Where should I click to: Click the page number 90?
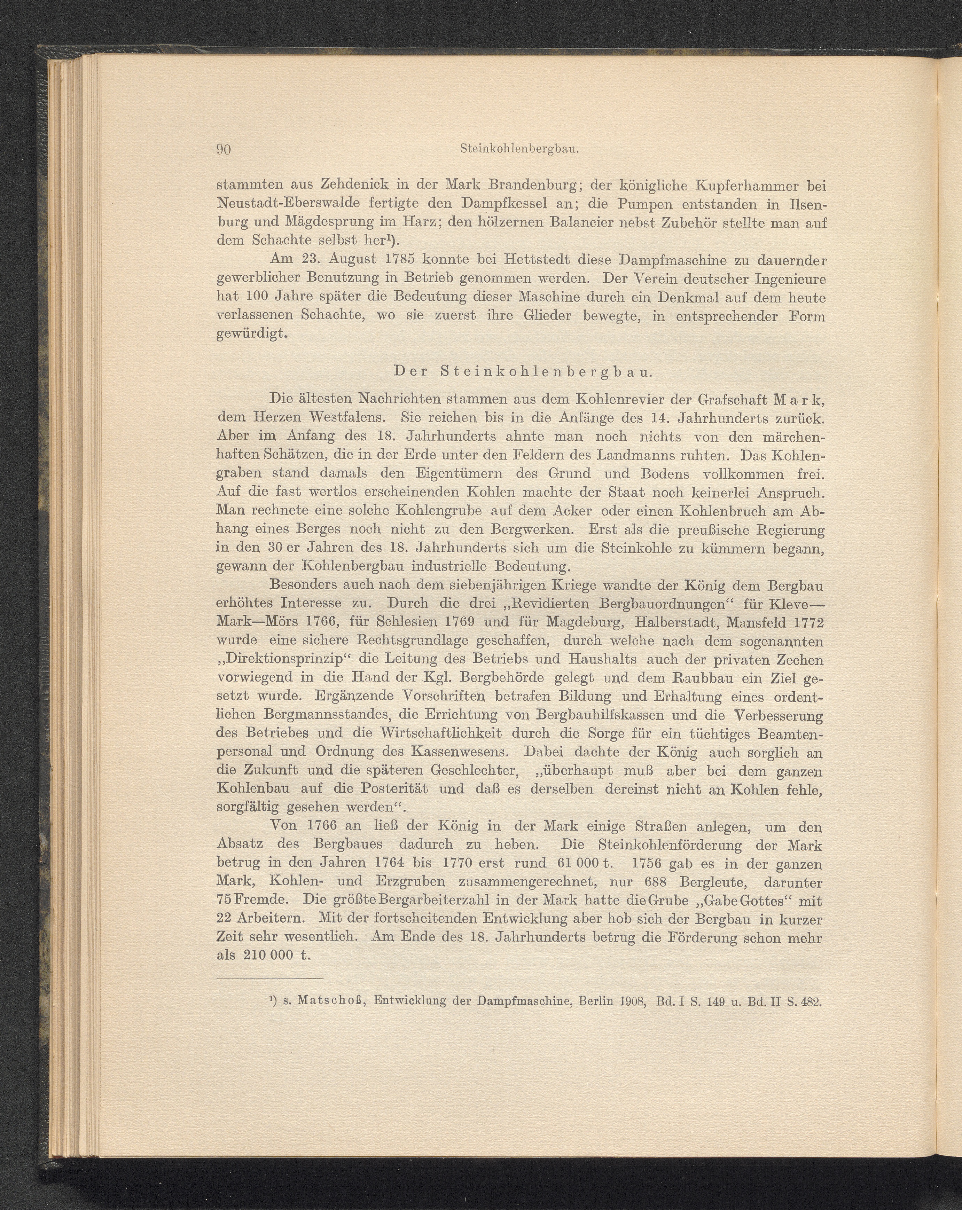point(224,150)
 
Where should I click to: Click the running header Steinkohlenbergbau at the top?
point(519,149)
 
